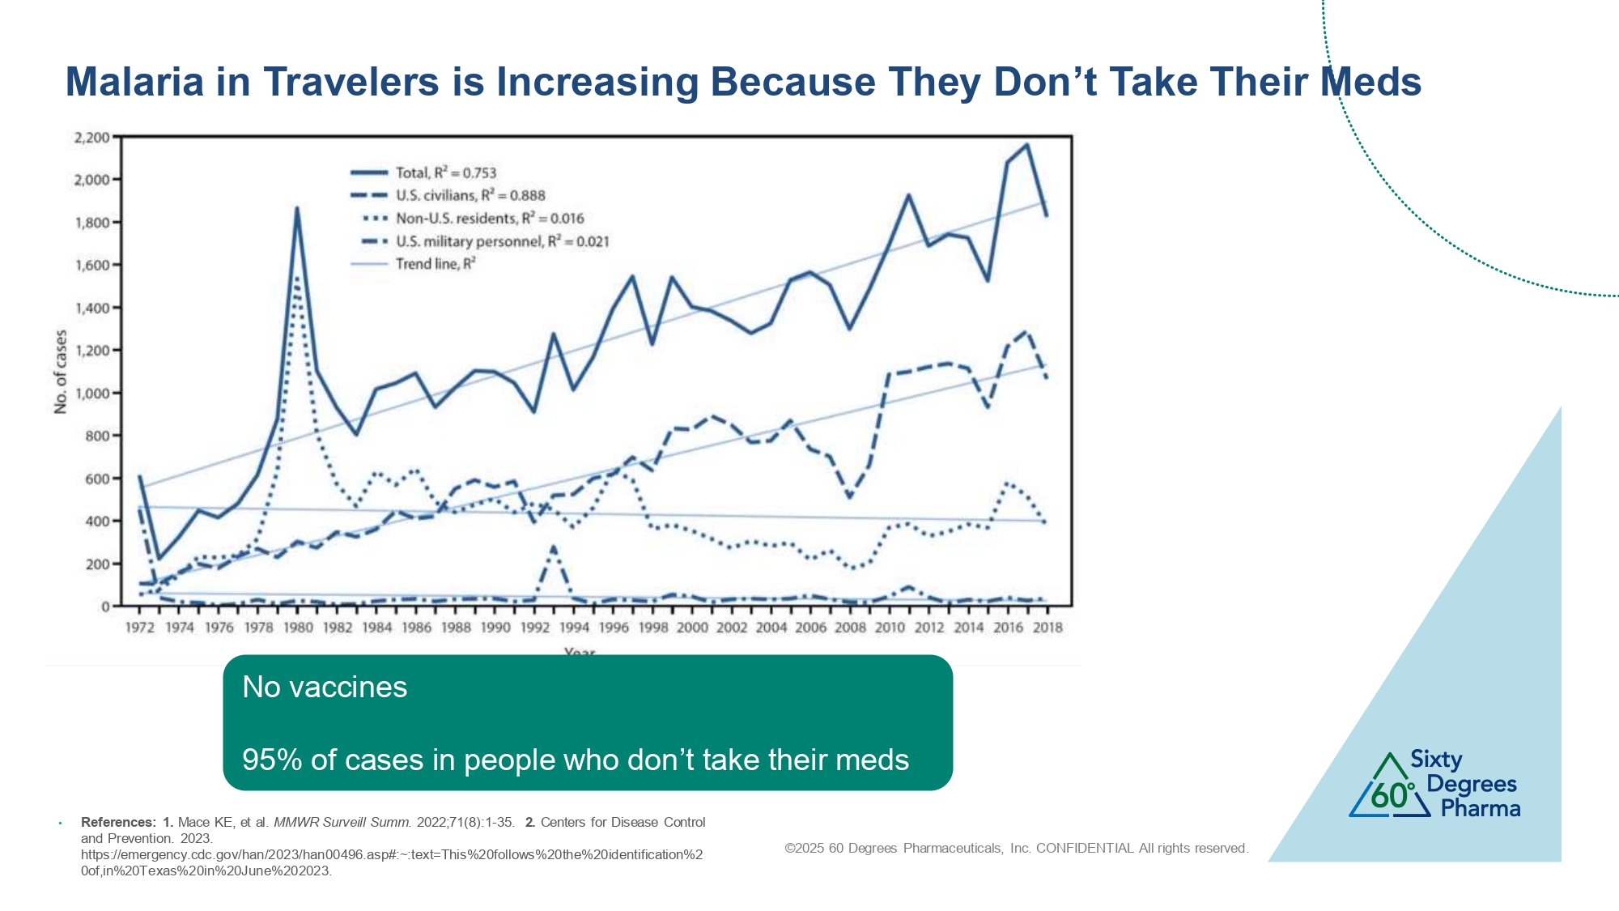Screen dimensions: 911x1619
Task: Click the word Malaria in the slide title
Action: pyautogui.click(x=134, y=83)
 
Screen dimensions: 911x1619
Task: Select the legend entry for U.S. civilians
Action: pyautogui.click(x=470, y=195)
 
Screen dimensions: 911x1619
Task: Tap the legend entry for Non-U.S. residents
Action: pyautogui.click(x=489, y=219)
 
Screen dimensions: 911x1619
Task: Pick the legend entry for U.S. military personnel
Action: pyautogui.click(x=502, y=241)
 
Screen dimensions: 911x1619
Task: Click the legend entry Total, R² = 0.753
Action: pyautogui.click(x=445, y=172)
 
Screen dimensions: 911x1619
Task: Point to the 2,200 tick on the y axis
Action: pyautogui.click(x=91, y=138)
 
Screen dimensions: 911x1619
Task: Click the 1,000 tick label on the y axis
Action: pyautogui.click(x=91, y=394)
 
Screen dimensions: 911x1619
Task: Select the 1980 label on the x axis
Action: pyautogui.click(x=298, y=628)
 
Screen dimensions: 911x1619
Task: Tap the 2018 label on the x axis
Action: pyautogui.click(x=1047, y=628)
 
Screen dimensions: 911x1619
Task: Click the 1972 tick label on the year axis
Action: pyautogui.click(x=140, y=628)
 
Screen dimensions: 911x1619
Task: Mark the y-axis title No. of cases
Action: pyautogui.click(x=61, y=372)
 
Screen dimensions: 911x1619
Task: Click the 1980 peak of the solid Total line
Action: pyautogui.click(x=297, y=209)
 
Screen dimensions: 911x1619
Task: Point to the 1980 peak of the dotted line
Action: pyautogui.click(x=297, y=279)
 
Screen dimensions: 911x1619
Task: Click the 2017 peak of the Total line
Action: pyautogui.click(x=1027, y=145)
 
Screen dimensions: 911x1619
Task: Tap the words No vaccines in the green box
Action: pyautogui.click(x=325, y=688)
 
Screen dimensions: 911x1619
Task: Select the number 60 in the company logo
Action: pyautogui.click(x=1390, y=796)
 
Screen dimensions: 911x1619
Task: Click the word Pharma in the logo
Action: pyautogui.click(x=1481, y=808)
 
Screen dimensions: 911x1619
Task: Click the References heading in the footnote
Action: pyautogui.click(x=118, y=822)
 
